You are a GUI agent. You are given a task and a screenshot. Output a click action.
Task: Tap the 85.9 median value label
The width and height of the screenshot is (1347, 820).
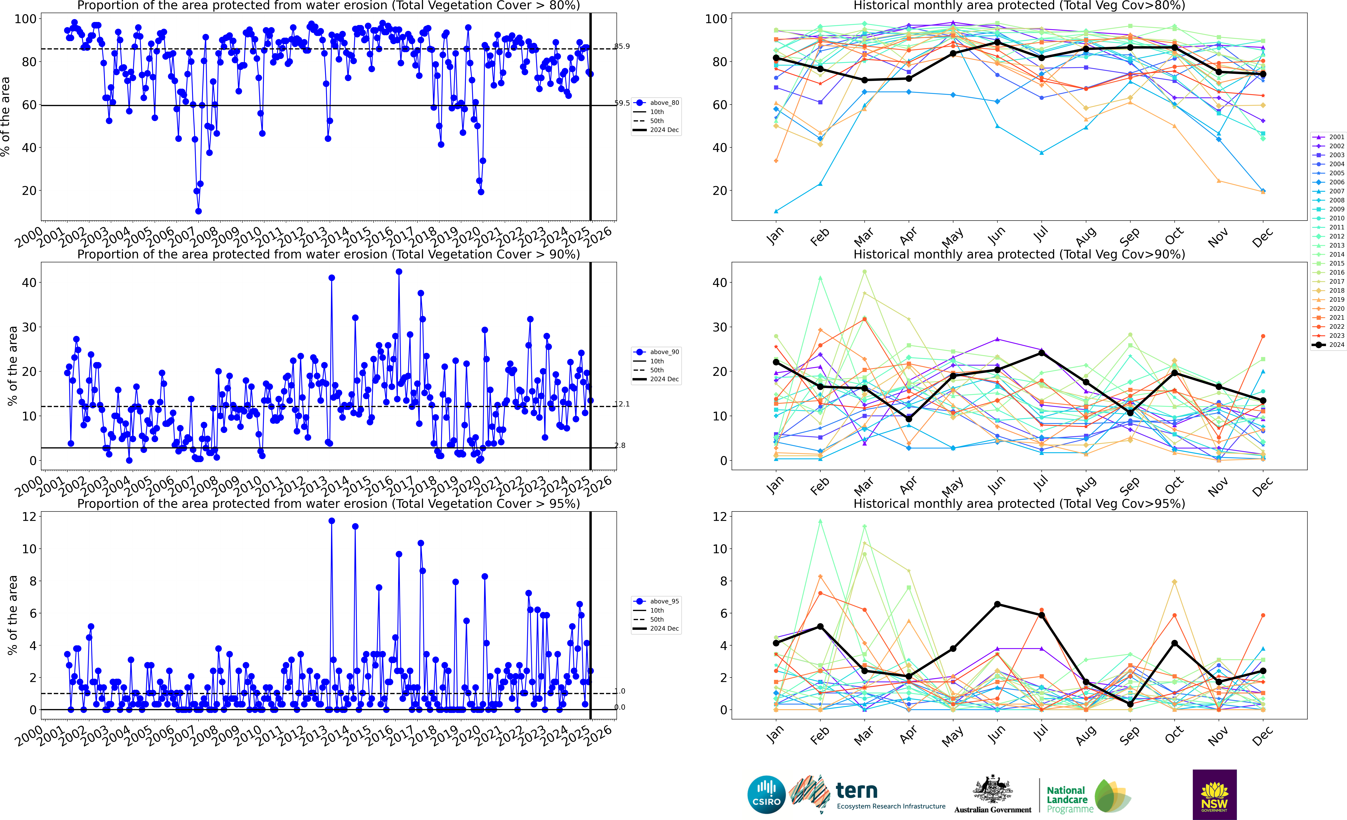coord(622,46)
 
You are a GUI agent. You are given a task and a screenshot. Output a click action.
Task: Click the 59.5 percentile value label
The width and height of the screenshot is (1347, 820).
coord(622,103)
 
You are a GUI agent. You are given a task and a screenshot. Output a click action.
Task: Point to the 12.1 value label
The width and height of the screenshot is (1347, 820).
coord(622,404)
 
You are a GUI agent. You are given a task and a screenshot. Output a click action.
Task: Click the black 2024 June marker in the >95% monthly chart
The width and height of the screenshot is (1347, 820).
coord(997,604)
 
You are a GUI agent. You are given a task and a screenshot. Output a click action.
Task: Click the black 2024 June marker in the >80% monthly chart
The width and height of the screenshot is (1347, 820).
coord(997,42)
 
